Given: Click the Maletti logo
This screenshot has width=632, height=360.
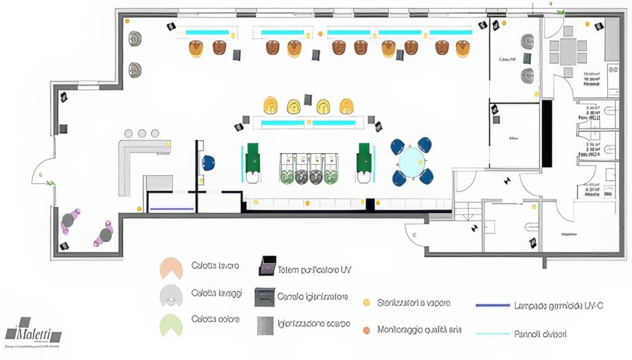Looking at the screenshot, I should coord(34,332).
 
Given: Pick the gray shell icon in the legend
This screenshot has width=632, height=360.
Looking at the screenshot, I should coord(171,296).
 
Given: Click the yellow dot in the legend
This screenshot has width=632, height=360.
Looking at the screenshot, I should coord(366,303).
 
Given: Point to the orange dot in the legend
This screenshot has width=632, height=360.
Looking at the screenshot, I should coord(366,330).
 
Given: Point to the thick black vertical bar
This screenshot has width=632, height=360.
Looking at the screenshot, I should coord(547,133).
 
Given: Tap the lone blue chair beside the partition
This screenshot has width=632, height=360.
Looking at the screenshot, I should coord(209,163).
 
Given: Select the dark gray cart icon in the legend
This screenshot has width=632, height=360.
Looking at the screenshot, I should coord(264,297).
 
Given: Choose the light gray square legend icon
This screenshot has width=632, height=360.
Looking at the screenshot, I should coord(265,325).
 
